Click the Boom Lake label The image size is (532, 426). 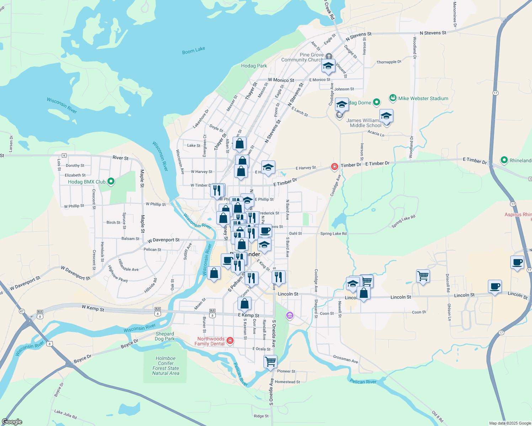pyautogui.click(x=193, y=51)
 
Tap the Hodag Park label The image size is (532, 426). pyautogui.click(x=254, y=66)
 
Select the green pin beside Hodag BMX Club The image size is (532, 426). pyautogui.click(x=111, y=182)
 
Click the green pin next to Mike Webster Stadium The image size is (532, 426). pyautogui.click(x=393, y=98)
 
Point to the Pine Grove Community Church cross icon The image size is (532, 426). pyautogui.click(x=329, y=56)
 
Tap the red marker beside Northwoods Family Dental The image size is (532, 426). pyautogui.click(x=230, y=341)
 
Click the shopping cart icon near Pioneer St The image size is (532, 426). pyautogui.click(x=270, y=362)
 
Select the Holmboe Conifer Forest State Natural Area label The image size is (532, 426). pyautogui.click(x=166, y=366)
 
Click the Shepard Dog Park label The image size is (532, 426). pyautogui.click(x=165, y=336)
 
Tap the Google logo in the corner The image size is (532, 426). pyautogui.click(x=12, y=422)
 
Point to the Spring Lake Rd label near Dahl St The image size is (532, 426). pyautogui.click(x=333, y=234)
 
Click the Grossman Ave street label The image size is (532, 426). pyautogui.click(x=345, y=359)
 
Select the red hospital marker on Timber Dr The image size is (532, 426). pyautogui.click(x=334, y=166)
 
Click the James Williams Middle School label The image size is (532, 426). pyautogui.click(x=365, y=123)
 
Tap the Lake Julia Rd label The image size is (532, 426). pyautogui.click(x=65, y=414)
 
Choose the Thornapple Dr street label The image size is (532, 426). pyautogui.click(x=389, y=62)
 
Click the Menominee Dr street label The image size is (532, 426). pyautogui.click(x=454, y=14)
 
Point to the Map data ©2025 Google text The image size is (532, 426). pyautogui.click(x=510, y=423)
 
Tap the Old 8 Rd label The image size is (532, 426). pyautogui.click(x=438, y=416)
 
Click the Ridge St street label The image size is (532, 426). pyautogui.click(x=261, y=416)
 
